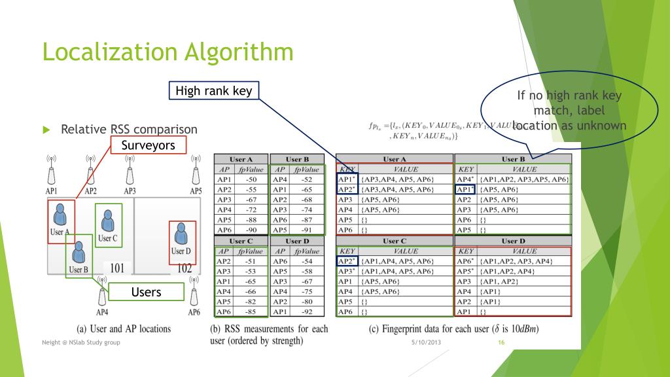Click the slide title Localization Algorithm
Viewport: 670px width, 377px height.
167,52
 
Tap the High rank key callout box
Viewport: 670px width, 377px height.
214,91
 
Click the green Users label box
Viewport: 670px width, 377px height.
146,292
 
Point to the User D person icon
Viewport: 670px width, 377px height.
181,236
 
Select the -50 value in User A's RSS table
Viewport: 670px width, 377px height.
251,179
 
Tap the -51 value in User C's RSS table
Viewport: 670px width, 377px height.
251,261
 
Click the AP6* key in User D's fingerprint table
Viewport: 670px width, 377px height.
465,261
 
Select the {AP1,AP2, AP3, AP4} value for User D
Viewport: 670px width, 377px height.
516,261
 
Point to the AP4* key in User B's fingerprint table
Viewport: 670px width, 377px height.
465,179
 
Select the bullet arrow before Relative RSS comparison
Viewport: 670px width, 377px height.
46,130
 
